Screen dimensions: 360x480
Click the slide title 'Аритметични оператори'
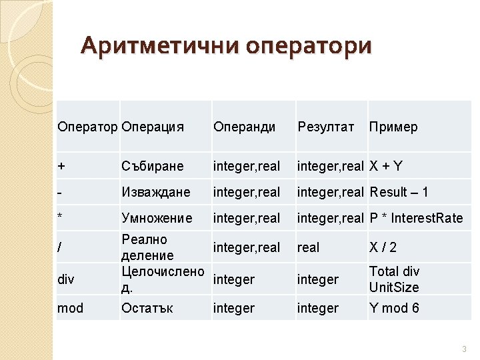click(x=225, y=46)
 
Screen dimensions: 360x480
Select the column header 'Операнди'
click(x=244, y=127)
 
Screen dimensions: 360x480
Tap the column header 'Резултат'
click(x=326, y=127)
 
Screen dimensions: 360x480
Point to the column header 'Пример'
click(x=393, y=127)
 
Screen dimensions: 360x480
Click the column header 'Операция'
click(x=153, y=127)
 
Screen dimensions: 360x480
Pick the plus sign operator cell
click(x=61, y=166)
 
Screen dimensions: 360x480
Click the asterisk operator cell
click(x=61, y=218)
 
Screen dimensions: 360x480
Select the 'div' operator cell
click(x=66, y=279)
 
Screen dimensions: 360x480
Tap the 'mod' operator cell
click(x=71, y=308)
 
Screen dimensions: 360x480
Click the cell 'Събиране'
click(x=151, y=166)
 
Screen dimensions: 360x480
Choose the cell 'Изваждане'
click(x=156, y=192)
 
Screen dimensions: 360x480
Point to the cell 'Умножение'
click(x=157, y=218)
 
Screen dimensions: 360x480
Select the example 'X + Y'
click(x=391, y=166)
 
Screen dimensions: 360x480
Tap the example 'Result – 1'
click(x=399, y=192)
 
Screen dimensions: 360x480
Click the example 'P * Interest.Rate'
click(x=416, y=218)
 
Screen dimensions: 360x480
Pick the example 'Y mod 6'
click(x=395, y=308)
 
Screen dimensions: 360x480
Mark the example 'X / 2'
click(x=383, y=247)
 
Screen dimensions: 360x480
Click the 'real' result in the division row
click(x=309, y=247)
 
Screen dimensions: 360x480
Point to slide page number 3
click(x=463, y=349)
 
